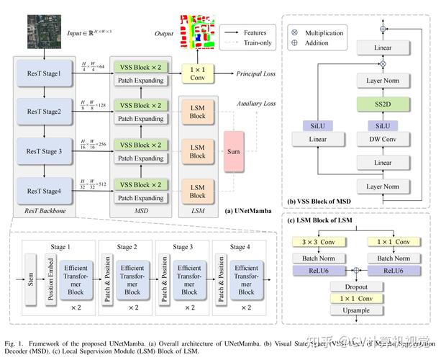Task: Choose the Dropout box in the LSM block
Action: tap(352, 286)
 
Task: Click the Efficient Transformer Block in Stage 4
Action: tap(247, 278)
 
